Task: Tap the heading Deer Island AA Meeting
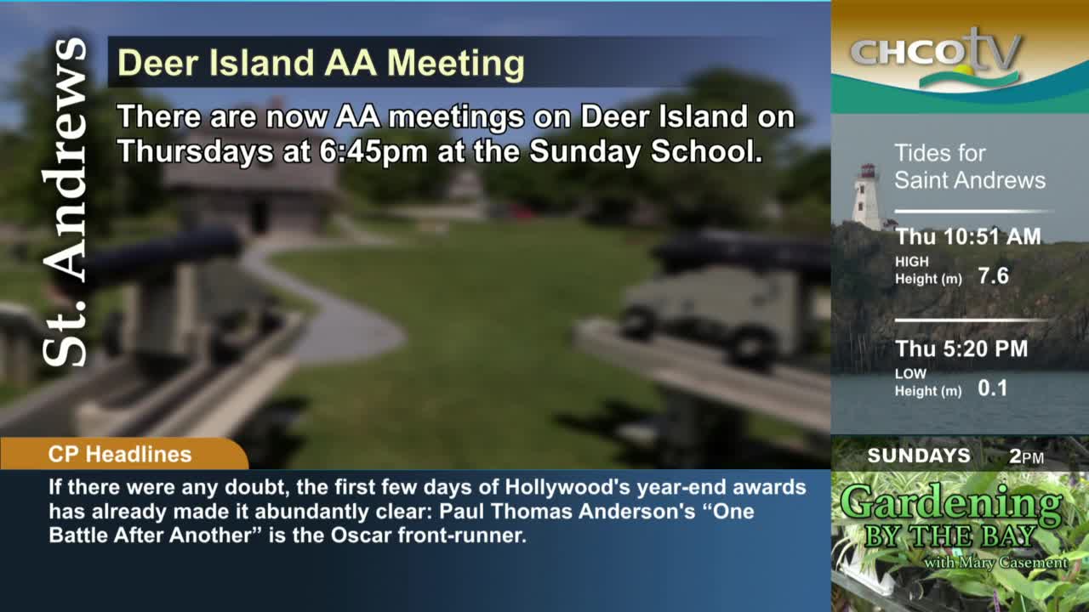pyautogui.click(x=320, y=63)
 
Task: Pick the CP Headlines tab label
pyautogui.click(x=120, y=454)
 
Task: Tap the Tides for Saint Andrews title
pyautogui.click(x=969, y=167)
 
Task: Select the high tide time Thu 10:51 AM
pyautogui.click(x=968, y=237)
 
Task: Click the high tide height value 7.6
pyautogui.click(x=993, y=276)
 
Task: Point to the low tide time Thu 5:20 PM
pyautogui.click(x=961, y=348)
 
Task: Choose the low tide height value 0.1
pyautogui.click(x=992, y=388)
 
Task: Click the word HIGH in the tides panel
pyautogui.click(x=911, y=262)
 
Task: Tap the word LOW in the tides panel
pyautogui.click(x=910, y=374)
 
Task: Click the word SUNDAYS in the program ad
pyautogui.click(x=918, y=456)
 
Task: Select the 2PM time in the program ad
pyautogui.click(x=1026, y=456)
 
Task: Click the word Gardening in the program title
pyautogui.click(x=950, y=504)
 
